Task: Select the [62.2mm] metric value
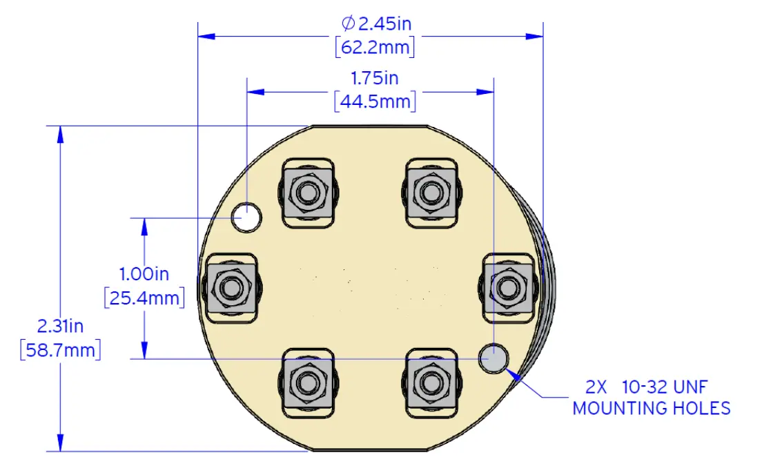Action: tap(375, 48)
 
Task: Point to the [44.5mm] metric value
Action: tap(375, 101)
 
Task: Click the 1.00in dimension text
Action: tap(144, 274)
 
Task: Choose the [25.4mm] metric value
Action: tap(144, 298)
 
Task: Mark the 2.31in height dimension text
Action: tap(60, 325)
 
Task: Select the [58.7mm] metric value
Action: tap(60, 349)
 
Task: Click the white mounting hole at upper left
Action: tap(247, 217)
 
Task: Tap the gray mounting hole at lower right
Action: tap(494, 359)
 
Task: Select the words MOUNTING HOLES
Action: tap(652, 408)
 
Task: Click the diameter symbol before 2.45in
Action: tap(348, 23)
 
